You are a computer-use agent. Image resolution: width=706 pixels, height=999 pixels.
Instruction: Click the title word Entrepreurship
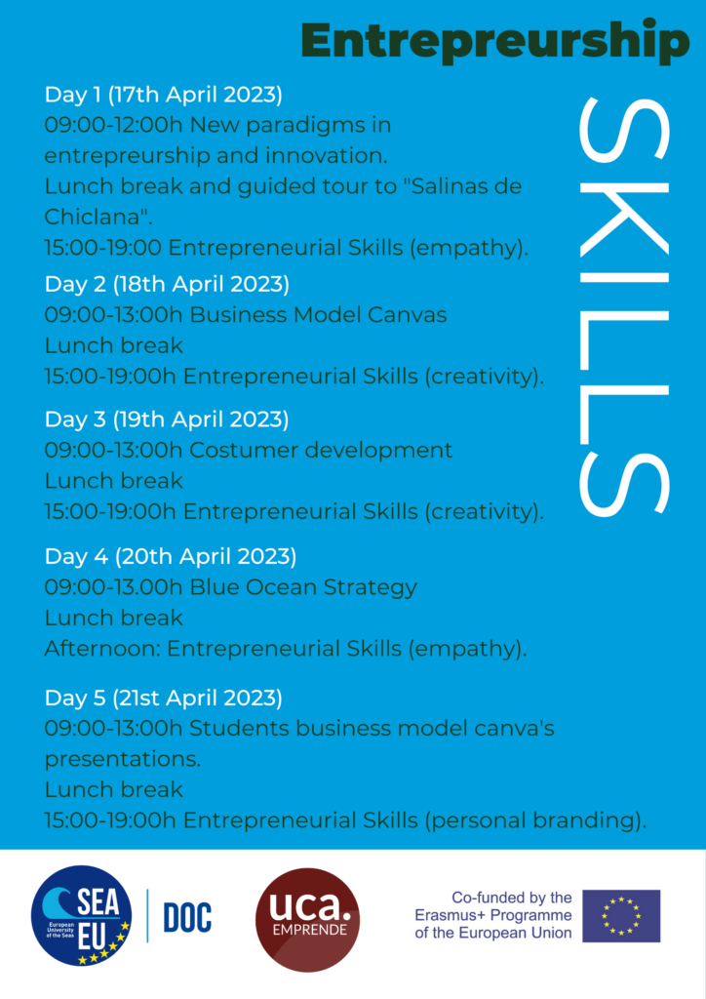tap(495, 41)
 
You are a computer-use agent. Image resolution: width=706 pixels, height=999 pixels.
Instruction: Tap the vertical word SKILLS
tap(624, 305)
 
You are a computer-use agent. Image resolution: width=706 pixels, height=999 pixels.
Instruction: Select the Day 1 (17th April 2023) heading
tap(164, 95)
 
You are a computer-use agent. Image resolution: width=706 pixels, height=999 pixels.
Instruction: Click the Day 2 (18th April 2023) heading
tap(167, 284)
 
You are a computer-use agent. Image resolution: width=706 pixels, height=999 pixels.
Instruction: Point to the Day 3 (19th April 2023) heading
tap(167, 420)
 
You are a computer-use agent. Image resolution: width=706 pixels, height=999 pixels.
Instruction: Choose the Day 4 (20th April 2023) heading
tap(171, 557)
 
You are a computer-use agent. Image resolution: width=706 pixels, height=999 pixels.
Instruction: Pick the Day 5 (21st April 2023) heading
tap(164, 699)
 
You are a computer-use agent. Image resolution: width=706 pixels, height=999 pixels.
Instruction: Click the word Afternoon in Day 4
tap(101, 649)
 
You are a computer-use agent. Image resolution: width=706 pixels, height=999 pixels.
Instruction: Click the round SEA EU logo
tap(82, 915)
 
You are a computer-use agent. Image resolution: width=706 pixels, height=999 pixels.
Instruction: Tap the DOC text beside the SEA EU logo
tap(187, 917)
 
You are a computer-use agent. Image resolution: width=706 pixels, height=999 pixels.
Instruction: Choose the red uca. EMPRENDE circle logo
tap(307, 920)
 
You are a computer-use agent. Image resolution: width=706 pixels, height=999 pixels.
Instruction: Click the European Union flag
tap(621, 916)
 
